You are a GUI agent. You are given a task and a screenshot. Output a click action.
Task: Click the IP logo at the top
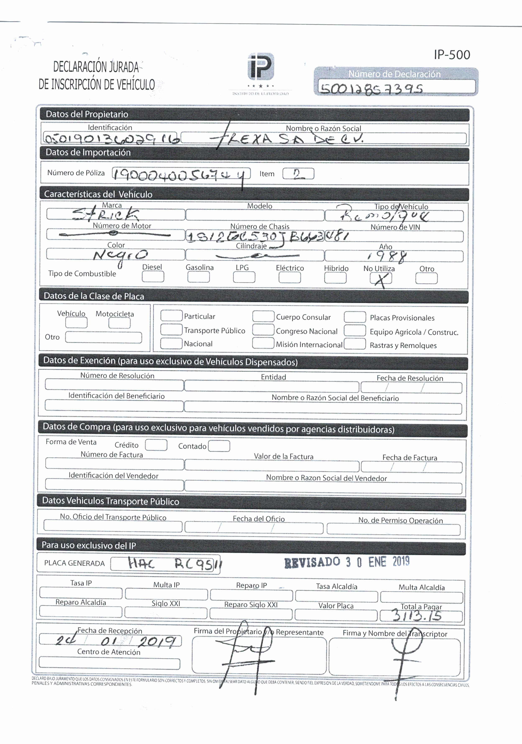(261, 67)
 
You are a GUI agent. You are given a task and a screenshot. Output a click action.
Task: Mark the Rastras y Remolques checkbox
(355, 344)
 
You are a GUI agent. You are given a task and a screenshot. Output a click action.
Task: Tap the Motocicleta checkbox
(119, 323)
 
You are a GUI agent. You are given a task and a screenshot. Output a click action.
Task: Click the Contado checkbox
(219, 446)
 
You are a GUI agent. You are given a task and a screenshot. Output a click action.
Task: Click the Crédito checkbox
(156, 445)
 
